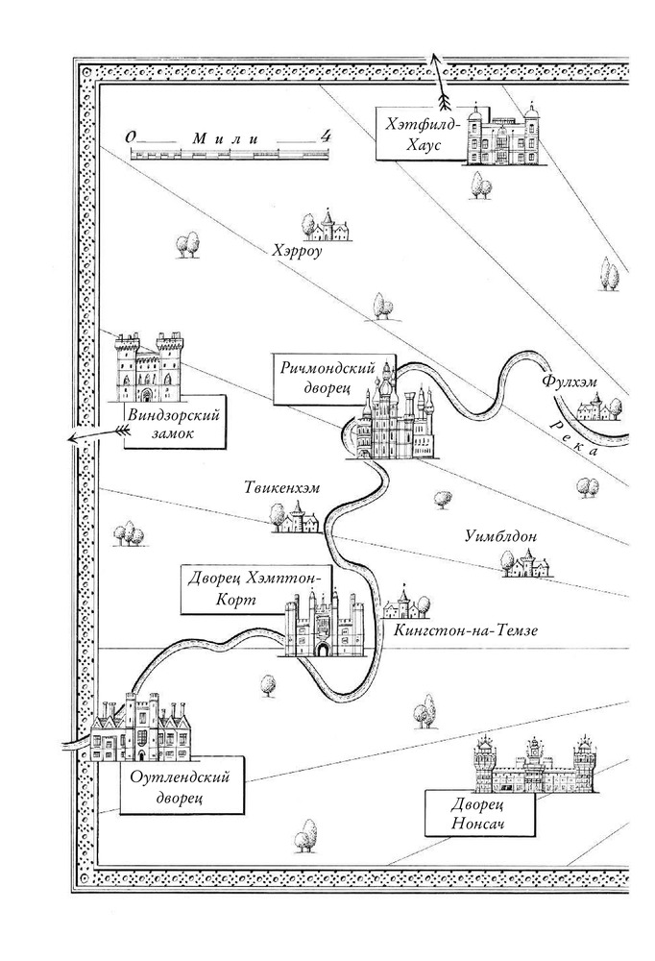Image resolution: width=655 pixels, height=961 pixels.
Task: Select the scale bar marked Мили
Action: [228, 152]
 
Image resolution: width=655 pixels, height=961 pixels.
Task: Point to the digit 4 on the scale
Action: [327, 136]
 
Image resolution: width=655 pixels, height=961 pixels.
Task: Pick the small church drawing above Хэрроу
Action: [328, 227]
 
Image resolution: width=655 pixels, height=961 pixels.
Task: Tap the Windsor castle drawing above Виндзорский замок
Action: [148, 367]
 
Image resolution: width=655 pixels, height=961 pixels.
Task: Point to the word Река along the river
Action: [582, 438]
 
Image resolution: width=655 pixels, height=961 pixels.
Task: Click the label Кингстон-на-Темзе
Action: [464, 630]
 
